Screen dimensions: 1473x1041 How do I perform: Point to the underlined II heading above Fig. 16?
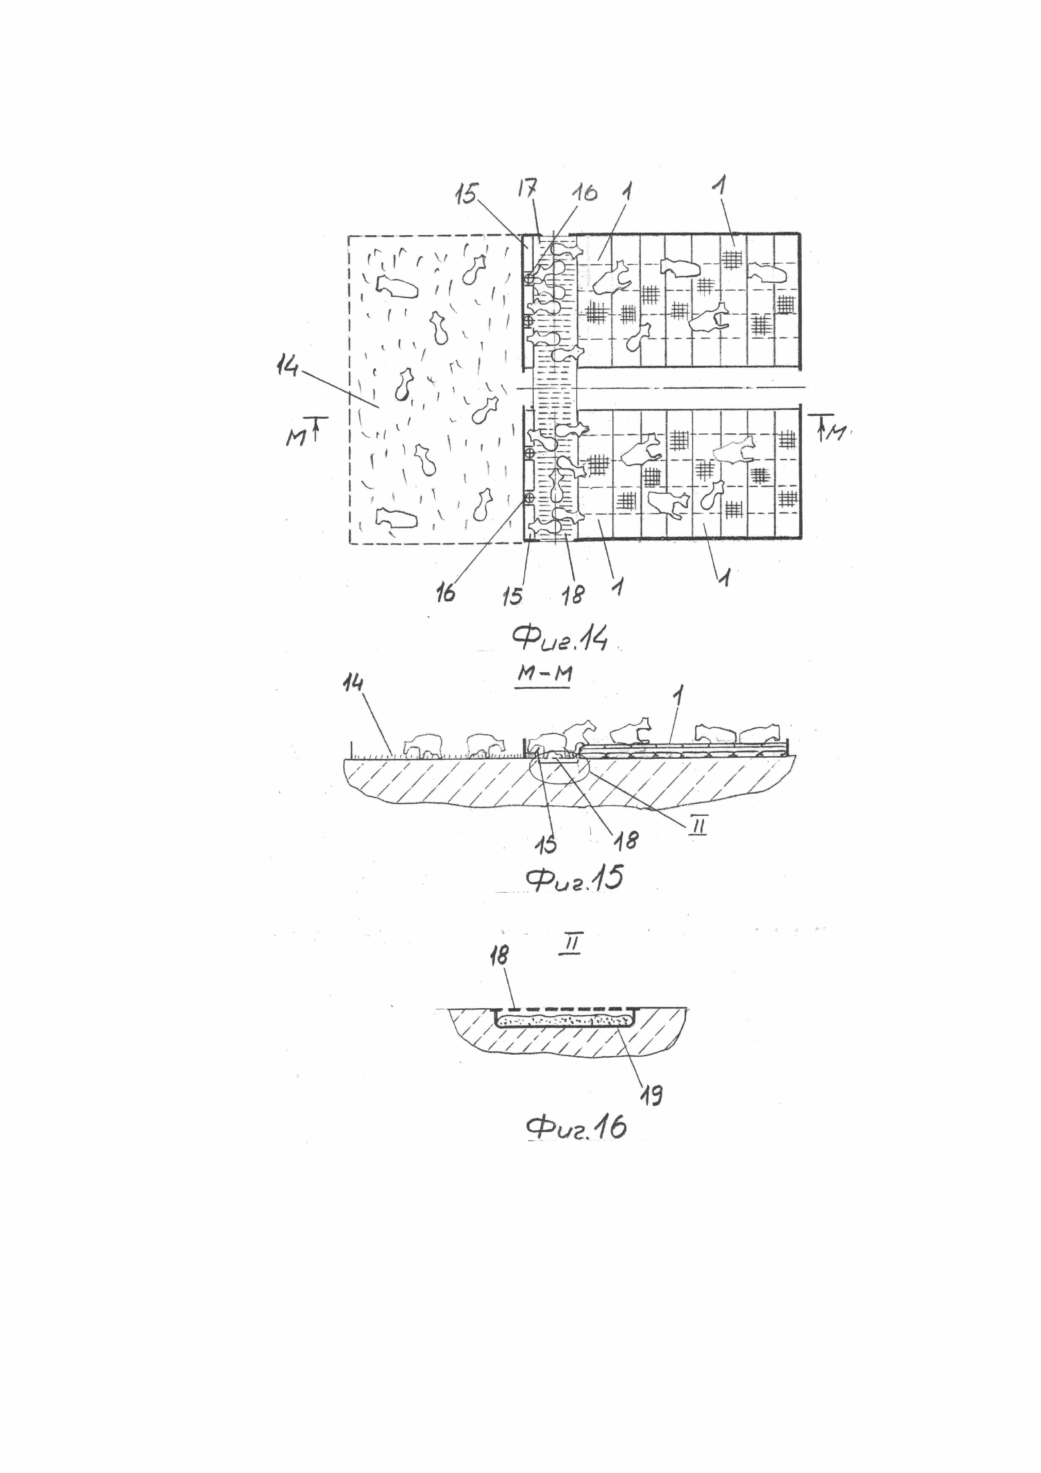pyautogui.click(x=570, y=946)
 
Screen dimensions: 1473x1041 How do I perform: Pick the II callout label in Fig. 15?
pyautogui.click(x=698, y=828)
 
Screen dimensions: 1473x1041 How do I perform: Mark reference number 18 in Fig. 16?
pyautogui.click(x=498, y=974)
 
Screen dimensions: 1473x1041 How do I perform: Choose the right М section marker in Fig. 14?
pyautogui.click(x=835, y=434)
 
